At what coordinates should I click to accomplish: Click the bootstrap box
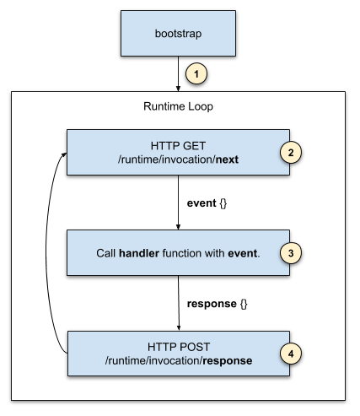pos(178,34)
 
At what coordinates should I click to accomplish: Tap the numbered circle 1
pos(196,73)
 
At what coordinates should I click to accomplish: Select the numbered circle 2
pos(291,152)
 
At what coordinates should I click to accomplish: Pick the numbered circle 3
pos(291,253)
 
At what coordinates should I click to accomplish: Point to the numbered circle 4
pos(291,354)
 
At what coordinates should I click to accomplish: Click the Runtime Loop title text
pos(178,106)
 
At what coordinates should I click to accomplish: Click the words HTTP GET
pos(178,146)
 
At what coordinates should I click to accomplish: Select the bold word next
pos(227,159)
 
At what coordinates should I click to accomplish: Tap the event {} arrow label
pos(207,203)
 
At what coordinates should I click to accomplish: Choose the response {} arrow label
pos(218,304)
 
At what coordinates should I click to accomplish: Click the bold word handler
pos(139,253)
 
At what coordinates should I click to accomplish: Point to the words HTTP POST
pos(179,347)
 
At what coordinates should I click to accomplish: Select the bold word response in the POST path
pos(228,361)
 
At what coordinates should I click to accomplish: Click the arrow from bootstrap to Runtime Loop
pos(178,73)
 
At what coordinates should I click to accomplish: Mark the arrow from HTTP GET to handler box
pos(178,203)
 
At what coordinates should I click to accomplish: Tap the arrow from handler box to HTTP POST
pos(179,303)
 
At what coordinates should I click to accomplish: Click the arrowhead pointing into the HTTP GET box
pos(64,154)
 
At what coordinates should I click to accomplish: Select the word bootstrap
pos(178,34)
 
